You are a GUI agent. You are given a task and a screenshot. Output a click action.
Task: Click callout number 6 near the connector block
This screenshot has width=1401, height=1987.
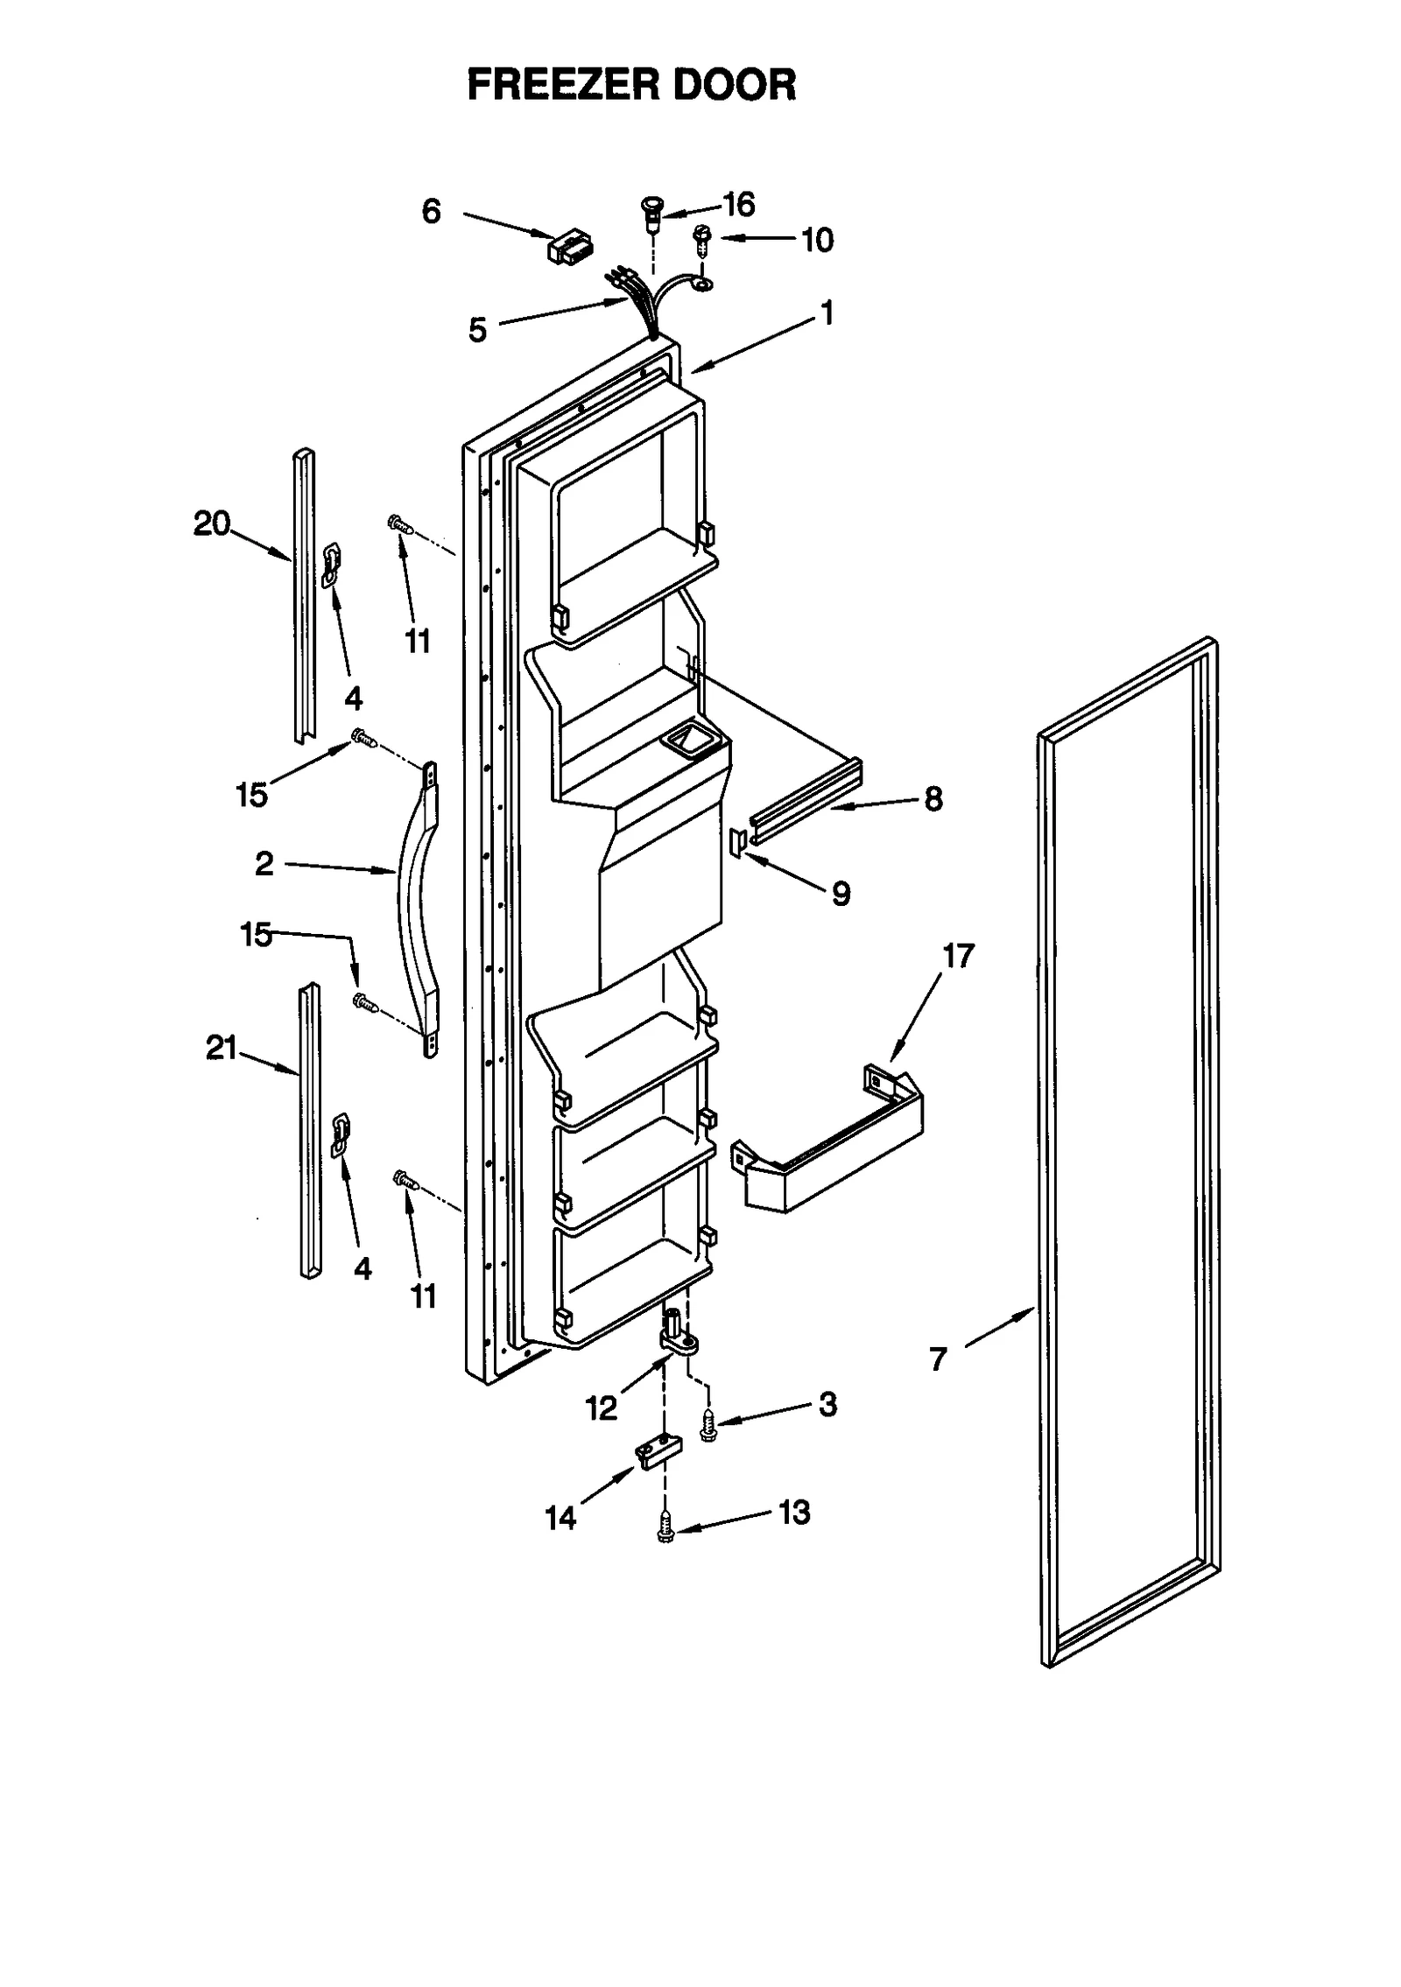[x=431, y=211]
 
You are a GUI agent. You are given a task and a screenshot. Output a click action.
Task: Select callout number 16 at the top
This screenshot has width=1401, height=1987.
[x=739, y=204]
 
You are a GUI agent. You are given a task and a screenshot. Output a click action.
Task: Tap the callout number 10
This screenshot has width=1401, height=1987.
[x=818, y=240]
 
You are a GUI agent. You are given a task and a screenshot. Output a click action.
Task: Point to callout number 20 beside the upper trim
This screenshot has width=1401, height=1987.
[x=212, y=523]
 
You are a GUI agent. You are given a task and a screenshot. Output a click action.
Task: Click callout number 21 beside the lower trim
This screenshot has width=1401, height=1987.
[x=222, y=1047]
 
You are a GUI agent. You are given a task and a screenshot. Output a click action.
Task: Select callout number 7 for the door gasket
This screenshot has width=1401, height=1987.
[x=938, y=1359]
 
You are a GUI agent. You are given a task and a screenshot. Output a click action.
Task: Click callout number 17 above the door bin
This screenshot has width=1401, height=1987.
[x=958, y=956]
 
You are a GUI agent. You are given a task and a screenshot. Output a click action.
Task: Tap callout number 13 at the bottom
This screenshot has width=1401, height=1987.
[x=794, y=1513]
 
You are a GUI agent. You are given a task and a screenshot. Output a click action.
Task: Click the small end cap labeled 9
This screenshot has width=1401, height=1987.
[x=736, y=840]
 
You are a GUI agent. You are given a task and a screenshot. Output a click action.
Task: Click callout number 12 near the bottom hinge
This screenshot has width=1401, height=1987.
[x=602, y=1408]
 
